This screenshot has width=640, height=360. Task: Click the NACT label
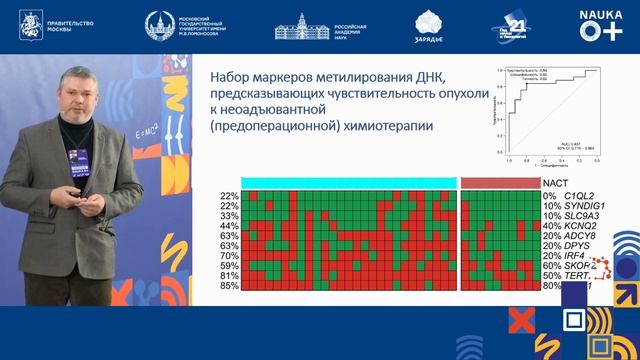(x=557, y=182)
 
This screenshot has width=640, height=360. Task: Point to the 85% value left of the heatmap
(x=229, y=288)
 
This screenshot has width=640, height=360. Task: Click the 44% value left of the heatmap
(x=229, y=226)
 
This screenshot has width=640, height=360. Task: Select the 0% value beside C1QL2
(x=548, y=195)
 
